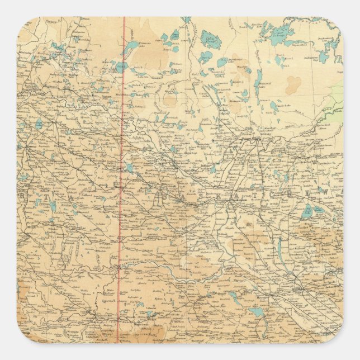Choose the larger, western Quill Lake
(307, 212)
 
